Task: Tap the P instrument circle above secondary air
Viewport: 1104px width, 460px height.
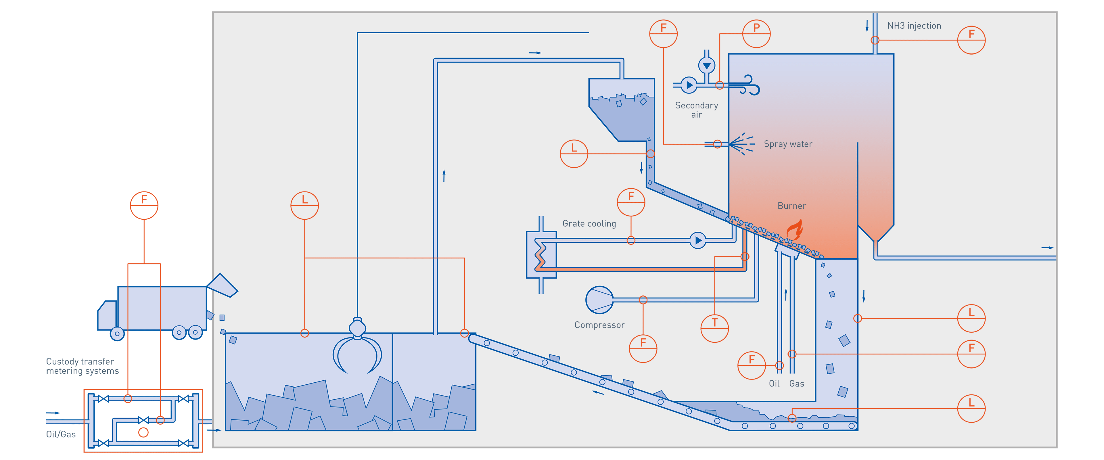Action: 756,33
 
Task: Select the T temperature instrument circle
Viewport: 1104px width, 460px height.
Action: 714,328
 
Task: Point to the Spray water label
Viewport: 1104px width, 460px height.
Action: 788,144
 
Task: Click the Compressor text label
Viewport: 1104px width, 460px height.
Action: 599,325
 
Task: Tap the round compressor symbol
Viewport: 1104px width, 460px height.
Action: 599,300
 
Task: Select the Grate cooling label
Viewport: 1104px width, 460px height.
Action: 589,223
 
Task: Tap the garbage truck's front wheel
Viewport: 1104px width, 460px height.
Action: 117,333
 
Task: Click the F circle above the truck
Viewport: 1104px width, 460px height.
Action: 144,205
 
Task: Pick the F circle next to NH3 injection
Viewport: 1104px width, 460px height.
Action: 971,40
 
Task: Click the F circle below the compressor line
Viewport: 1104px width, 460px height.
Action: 643,348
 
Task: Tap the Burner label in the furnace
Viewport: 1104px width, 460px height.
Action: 791,206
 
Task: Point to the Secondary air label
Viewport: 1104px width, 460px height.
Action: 696,110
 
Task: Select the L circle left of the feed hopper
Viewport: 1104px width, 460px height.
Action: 574,154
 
